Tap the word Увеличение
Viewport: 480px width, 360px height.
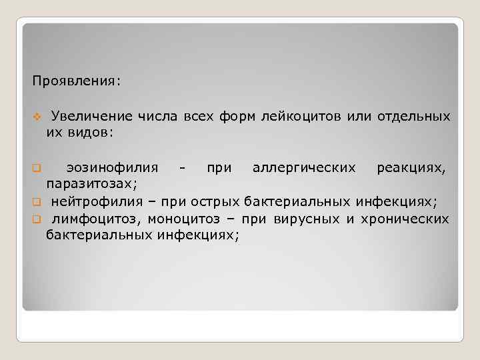tap(91, 117)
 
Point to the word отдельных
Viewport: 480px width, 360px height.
tap(413, 117)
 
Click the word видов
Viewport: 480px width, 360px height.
tap(89, 132)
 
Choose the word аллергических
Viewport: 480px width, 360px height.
tap(304, 167)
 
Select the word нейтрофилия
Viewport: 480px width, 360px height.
tap(97, 201)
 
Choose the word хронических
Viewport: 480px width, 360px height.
tap(407, 218)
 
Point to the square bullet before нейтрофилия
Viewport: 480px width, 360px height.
tap(37, 201)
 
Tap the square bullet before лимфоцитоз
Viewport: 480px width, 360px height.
tap(37, 219)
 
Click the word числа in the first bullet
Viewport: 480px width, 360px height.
tap(157, 117)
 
